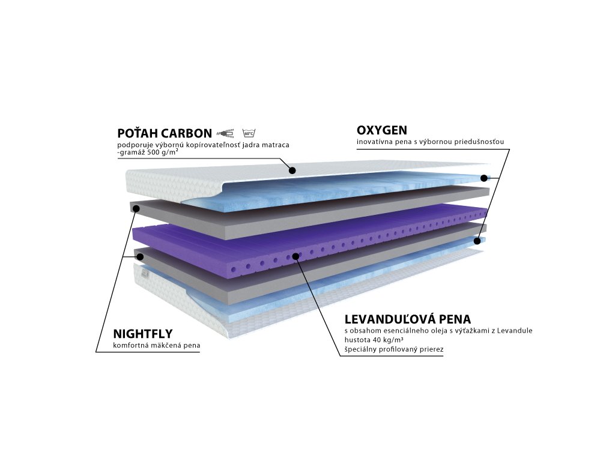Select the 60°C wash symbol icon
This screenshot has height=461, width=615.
tap(249, 133)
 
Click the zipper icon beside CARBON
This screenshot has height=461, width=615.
tap(226, 133)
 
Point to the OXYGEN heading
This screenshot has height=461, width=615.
tap(382, 130)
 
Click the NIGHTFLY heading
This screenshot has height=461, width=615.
tap(143, 334)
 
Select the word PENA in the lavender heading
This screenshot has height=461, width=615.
tap(455, 319)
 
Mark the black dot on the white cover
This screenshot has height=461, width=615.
tap(292, 170)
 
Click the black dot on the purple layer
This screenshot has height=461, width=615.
tap(295, 257)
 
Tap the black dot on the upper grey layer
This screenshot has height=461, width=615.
tap(136, 209)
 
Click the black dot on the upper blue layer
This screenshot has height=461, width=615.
tap(484, 178)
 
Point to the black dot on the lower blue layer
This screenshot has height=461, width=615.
tap(477, 241)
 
